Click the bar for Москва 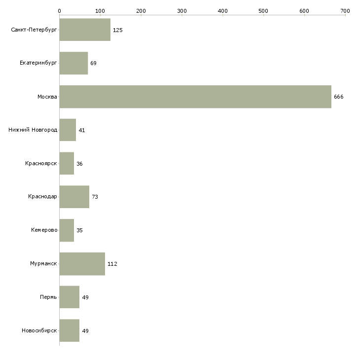(195, 97)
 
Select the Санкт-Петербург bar (85, 30)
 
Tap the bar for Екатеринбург (73, 63)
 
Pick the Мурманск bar (82, 264)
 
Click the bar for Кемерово (67, 230)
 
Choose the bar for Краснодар (74, 197)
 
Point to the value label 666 (339, 97)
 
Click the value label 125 (118, 30)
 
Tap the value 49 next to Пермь (85, 297)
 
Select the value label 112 (112, 264)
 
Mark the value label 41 (82, 130)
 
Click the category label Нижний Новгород (33, 130)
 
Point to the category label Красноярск (41, 163)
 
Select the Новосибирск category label (39, 330)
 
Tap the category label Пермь (48, 297)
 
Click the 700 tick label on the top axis (345, 11)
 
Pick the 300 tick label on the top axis (182, 11)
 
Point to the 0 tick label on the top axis (60, 11)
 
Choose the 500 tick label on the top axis (263, 11)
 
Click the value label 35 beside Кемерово (79, 230)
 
